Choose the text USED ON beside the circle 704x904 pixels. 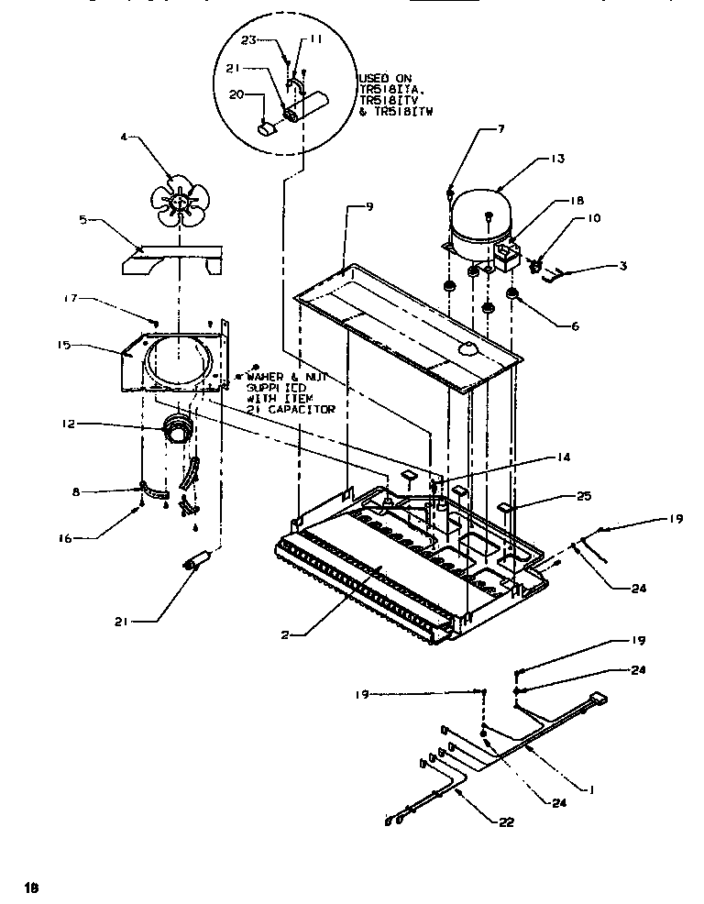click(384, 78)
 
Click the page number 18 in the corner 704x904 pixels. click(31, 887)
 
